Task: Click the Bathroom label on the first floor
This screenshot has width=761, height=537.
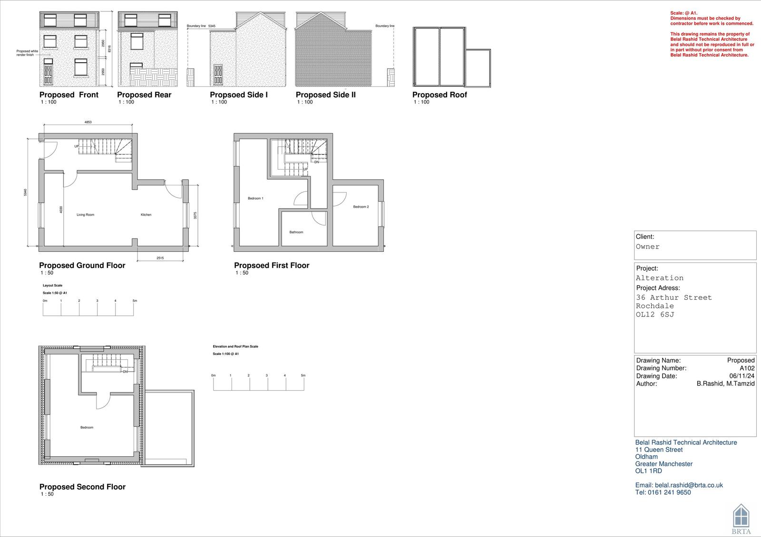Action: click(x=296, y=232)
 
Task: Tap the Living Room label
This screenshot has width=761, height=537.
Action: click(x=86, y=215)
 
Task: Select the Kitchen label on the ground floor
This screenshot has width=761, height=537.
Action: click(x=146, y=215)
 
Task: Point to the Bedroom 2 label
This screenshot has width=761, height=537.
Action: click(x=361, y=207)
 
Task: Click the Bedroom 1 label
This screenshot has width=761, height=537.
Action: click(x=255, y=198)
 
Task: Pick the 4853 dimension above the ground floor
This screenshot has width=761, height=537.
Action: click(x=88, y=122)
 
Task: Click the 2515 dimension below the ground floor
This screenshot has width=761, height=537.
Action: click(x=160, y=258)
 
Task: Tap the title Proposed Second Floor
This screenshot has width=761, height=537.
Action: click(x=82, y=487)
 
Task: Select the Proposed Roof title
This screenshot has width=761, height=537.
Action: click(x=439, y=95)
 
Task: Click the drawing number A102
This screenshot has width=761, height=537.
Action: click(x=747, y=368)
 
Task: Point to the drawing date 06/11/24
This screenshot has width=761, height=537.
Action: click(x=741, y=376)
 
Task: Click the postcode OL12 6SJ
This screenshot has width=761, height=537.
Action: click(x=655, y=315)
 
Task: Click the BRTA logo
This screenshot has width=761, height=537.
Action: click(x=741, y=518)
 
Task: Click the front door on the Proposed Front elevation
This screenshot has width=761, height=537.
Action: click(x=48, y=74)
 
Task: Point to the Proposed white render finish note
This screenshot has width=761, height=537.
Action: click(x=27, y=53)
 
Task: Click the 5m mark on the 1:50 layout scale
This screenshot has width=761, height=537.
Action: click(x=135, y=301)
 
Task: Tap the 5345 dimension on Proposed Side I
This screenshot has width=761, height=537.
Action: click(x=212, y=26)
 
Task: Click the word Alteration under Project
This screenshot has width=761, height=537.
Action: click(x=659, y=278)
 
